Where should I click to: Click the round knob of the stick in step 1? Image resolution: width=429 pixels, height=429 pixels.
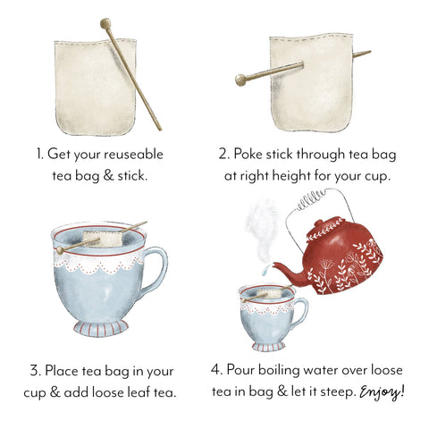(105, 24)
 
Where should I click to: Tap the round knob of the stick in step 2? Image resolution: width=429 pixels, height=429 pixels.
(240, 80)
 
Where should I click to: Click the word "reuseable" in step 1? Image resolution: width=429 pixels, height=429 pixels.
(134, 155)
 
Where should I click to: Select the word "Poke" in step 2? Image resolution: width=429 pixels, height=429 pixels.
(248, 154)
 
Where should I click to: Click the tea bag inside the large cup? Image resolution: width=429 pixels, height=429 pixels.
(102, 239)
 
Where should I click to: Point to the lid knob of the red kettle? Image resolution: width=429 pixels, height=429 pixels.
(319, 223)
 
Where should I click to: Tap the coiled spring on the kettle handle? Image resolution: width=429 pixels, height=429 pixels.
(311, 199)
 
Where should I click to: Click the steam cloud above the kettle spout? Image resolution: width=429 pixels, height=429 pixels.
(262, 229)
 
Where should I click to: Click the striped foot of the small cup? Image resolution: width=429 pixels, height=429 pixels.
(269, 346)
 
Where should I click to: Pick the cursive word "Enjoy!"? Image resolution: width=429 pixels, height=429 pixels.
(382, 392)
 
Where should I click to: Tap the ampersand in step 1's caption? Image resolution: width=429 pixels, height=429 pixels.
(108, 175)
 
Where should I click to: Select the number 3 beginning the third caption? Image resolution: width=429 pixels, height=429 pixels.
(35, 371)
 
